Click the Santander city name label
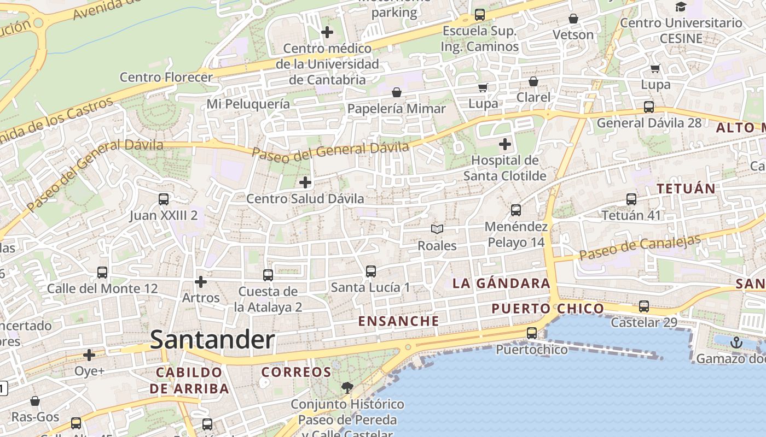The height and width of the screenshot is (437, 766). [x=212, y=340]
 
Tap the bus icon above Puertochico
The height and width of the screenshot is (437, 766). [x=531, y=333]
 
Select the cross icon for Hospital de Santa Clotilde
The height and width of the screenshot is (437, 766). [x=505, y=145]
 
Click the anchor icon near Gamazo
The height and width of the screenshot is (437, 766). [x=736, y=342]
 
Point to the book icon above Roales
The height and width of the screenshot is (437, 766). [x=437, y=229]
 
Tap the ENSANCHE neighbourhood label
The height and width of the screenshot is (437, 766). [x=398, y=321]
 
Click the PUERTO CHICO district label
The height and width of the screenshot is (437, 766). [x=547, y=309]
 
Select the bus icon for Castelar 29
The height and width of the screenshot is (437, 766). [x=644, y=306]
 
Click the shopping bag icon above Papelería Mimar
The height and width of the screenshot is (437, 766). [x=397, y=92]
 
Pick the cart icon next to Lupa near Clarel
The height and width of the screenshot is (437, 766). [x=483, y=87]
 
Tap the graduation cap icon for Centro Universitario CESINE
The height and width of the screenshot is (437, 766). [x=681, y=7]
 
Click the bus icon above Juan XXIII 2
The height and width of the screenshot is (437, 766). [x=163, y=199]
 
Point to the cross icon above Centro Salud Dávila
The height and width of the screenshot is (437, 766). [x=305, y=182]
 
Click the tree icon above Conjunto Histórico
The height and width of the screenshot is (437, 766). [x=347, y=388]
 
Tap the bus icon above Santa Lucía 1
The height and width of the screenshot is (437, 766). [x=370, y=271]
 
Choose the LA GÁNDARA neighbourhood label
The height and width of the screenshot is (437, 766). [x=501, y=283]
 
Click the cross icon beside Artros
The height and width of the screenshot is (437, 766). [x=201, y=282]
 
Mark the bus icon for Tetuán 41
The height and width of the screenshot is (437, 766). [x=631, y=199]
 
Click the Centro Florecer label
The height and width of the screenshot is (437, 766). [x=166, y=77]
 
